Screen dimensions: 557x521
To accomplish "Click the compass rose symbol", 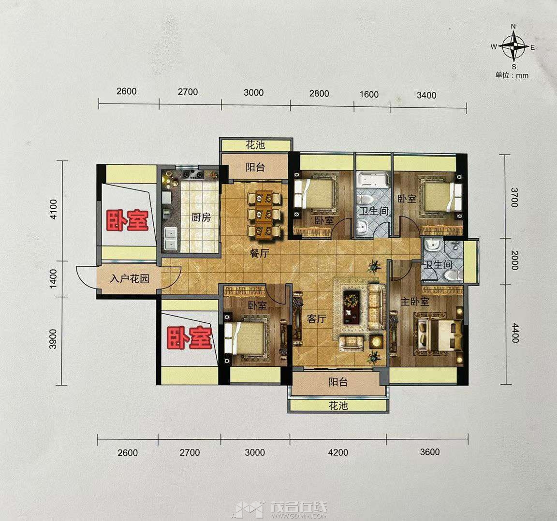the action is point(513,46).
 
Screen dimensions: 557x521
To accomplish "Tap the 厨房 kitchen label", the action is point(201,217).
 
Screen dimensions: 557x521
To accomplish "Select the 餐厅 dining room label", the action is point(259,253).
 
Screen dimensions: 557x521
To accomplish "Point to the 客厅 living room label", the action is point(316,318).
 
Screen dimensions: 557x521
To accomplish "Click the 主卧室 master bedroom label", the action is point(415,302).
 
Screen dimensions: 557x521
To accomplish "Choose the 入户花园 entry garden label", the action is point(129,279).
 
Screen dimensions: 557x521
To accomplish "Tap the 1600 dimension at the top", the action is point(369,94).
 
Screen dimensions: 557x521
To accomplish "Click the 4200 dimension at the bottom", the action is point(338,452).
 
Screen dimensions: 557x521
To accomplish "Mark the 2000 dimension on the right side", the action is point(515,260).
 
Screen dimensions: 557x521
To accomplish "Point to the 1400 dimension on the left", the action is point(53,279).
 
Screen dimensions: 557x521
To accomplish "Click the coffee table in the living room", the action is point(352,304).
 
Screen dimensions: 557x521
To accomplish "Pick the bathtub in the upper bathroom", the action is point(373,180).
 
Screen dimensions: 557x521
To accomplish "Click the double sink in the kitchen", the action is point(171,238).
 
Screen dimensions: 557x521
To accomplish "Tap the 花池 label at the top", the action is point(255,145).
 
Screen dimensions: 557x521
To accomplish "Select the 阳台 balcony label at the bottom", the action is point(338,382).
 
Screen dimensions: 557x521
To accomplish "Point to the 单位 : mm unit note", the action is point(512,75).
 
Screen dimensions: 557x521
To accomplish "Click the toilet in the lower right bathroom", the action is point(453,275).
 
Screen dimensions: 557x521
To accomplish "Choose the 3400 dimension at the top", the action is point(426,95).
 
